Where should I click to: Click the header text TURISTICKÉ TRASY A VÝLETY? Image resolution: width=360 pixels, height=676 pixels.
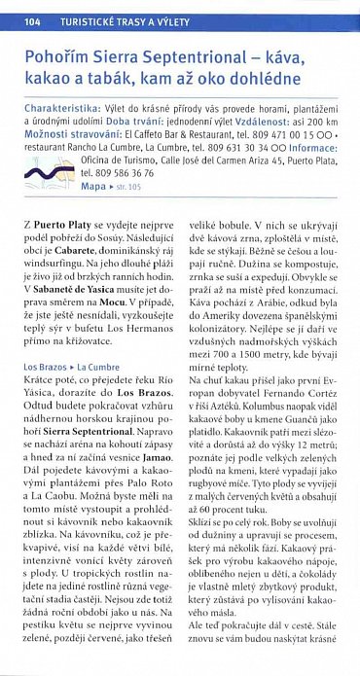coord(125,20)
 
